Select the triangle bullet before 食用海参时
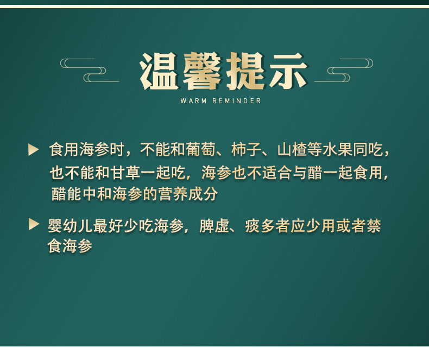[34, 150]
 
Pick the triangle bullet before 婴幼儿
[34, 224]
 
